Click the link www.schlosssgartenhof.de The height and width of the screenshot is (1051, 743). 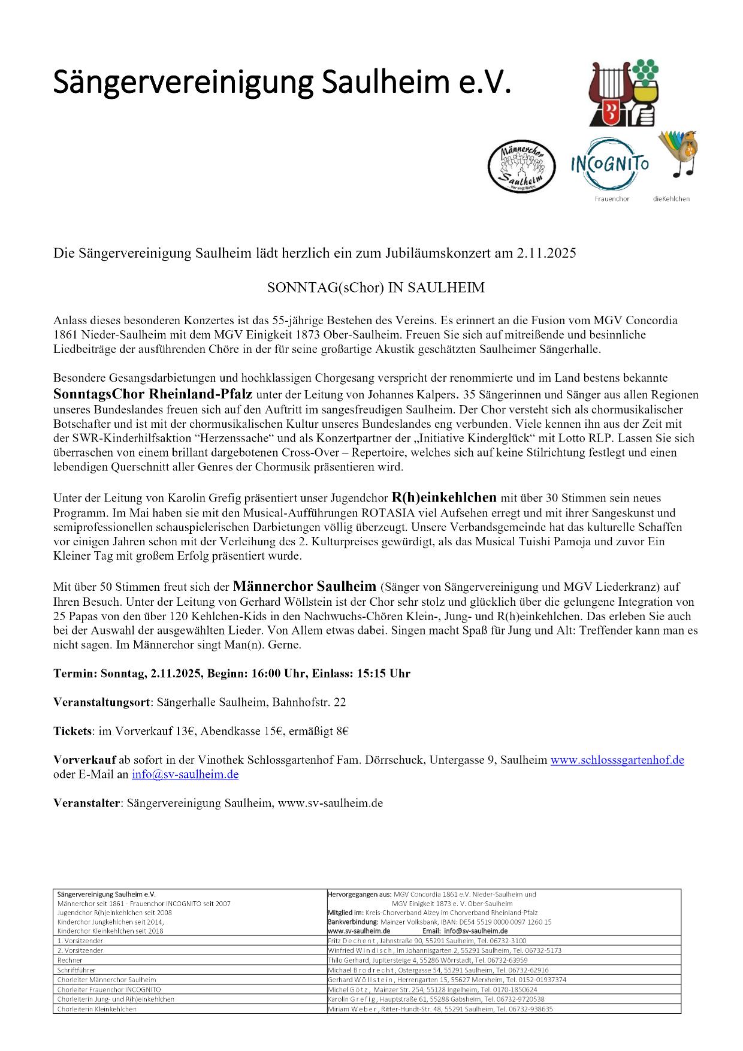point(617,760)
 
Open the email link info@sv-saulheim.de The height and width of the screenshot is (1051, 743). point(185,774)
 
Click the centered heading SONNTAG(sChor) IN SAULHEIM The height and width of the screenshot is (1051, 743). point(376,288)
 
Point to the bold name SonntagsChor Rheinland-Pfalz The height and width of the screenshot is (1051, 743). point(153,395)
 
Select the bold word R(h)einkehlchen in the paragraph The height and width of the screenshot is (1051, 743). point(444,497)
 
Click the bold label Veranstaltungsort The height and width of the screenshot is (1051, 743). point(101,702)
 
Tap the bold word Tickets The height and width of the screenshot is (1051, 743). point(73,731)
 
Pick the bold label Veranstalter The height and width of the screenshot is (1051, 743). point(87,803)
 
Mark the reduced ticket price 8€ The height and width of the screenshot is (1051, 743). point(342,731)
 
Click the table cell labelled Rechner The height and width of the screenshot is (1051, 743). point(70,960)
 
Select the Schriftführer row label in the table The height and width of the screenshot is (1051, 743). point(76,970)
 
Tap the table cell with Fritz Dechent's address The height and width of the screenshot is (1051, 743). point(427,941)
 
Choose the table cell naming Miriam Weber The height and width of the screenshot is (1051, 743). point(440,1008)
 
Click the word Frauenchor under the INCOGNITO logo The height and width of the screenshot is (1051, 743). point(612,199)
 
